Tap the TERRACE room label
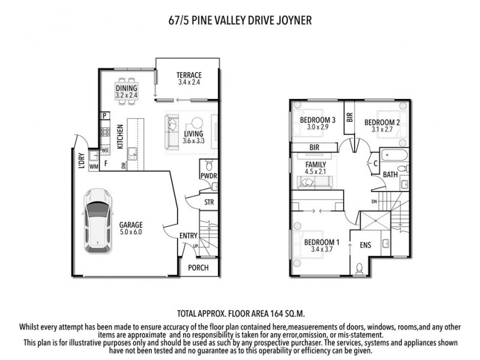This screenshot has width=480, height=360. pyautogui.click(x=188, y=75)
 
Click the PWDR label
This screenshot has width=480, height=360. pyautogui.click(x=208, y=176)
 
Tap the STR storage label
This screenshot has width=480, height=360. pyautogui.click(x=209, y=202)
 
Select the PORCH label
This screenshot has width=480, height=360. pyautogui.click(x=198, y=268)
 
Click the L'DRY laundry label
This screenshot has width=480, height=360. pyautogui.click(x=81, y=163)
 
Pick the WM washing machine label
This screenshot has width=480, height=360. pyautogui.click(x=93, y=166)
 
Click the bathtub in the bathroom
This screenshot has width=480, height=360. pyautogui.click(x=396, y=157)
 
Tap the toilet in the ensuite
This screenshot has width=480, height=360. pyautogui.click(x=359, y=268)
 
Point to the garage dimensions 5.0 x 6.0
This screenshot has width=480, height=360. pyautogui.click(x=130, y=232)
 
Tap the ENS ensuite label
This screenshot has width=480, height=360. pyautogui.click(x=365, y=245)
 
